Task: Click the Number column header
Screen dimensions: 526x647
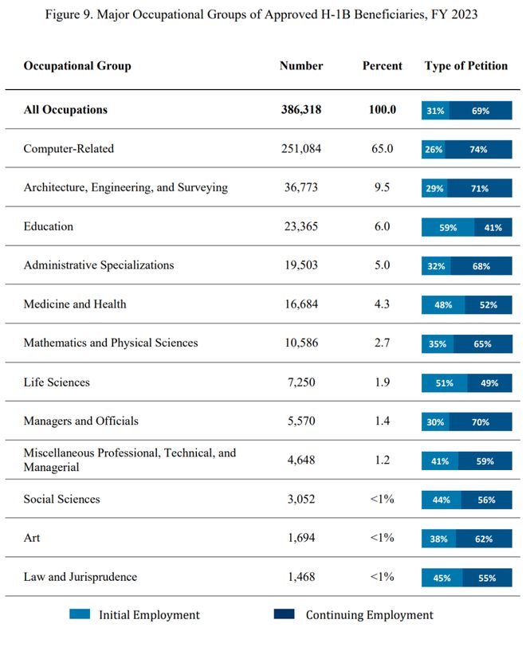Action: click(x=301, y=65)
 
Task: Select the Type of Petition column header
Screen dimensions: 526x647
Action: click(x=466, y=66)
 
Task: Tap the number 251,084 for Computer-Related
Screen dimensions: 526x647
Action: click(x=301, y=148)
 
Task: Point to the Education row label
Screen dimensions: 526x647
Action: click(x=49, y=226)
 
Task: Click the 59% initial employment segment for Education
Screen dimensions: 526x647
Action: click(x=448, y=227)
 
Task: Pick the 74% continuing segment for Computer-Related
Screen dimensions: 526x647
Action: click(x=478, y=149)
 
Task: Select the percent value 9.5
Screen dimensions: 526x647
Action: click(x=382, y=187)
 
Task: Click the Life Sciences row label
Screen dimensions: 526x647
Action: click(x=57, y=382)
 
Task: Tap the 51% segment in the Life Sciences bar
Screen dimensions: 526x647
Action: click(x=444, y=383)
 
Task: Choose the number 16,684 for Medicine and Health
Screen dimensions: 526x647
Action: click(x=301, y=304)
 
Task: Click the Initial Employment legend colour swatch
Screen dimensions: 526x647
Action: click(x=80, y=614)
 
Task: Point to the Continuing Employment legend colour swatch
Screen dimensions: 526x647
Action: click(x=284, y=614)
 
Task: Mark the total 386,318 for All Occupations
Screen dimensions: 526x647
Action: click(x=301, y=109)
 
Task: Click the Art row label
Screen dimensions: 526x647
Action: click(x=32, y=538)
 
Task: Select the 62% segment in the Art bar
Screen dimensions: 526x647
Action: click(x=484, y=539)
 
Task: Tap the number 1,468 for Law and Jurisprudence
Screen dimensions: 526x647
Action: click(x=301, y=577)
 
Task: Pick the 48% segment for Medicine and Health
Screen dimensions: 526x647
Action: click(x=443, y=305)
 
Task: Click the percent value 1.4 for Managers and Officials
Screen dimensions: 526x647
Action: click(x=382, y=421)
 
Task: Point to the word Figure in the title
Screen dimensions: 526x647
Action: click(x=62, y=15)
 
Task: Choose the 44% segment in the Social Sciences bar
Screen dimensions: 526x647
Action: click(x=442, y=500)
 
